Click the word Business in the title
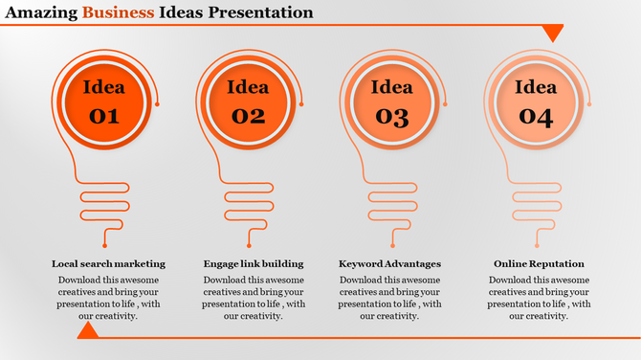[120, 12]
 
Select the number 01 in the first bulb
[103, 117]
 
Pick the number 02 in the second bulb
[247, 117]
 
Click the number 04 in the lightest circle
[536, 117]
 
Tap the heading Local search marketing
[108, 263]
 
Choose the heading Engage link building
[254, 263]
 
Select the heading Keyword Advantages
[390, 263]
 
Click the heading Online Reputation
[539, 263]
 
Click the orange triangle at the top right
[553, 34]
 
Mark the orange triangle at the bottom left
[88, 330]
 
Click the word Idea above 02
[247, 88]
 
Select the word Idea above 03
[391, 88]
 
